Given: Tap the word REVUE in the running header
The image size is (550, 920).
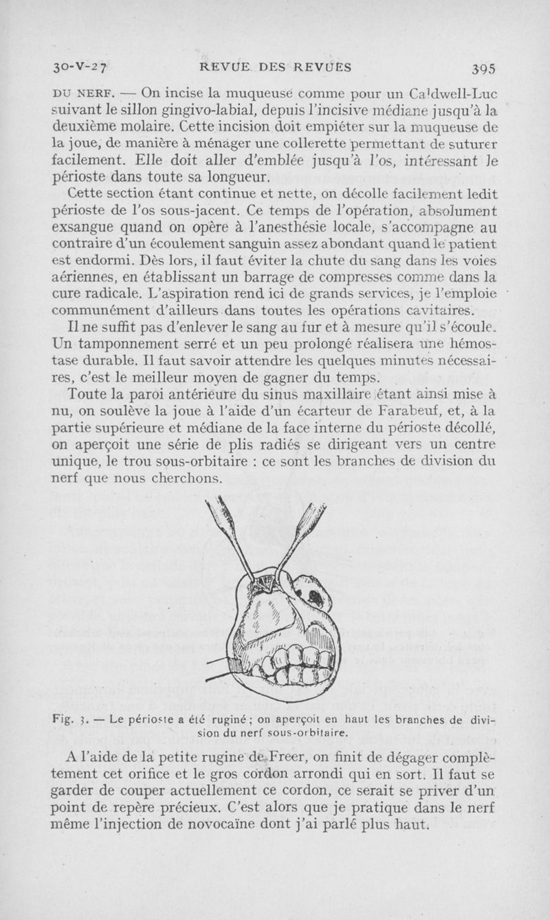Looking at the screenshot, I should click(222, 67).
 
